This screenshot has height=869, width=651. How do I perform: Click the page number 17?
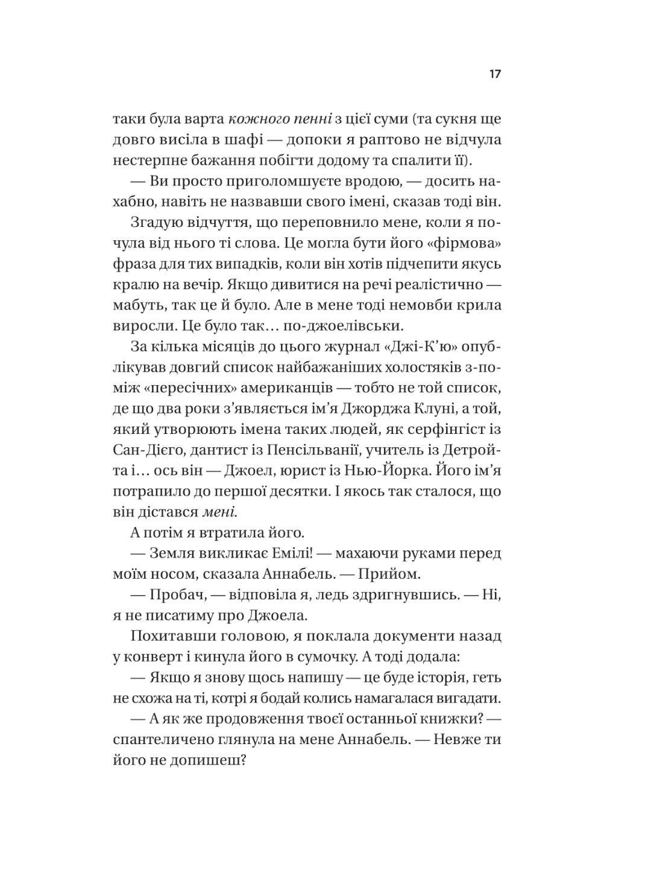[495, 75]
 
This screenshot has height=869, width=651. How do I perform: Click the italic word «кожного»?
[253, 119]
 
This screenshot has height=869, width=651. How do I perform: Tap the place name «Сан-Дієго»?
[147, 450]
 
